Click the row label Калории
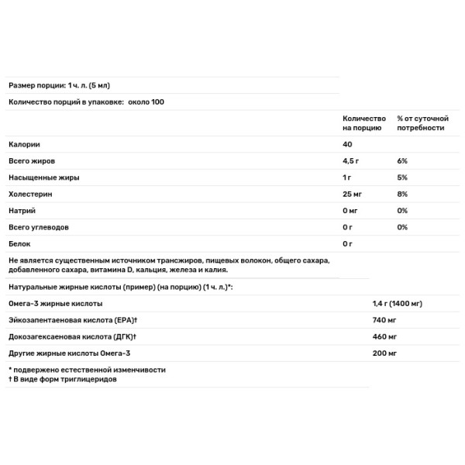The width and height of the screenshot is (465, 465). [x=24, y=145]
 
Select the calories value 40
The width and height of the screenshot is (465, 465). [x=347, y=145]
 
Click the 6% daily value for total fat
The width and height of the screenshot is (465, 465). [x=402, y=161]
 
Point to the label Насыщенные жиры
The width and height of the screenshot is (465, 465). [x=44, y=177]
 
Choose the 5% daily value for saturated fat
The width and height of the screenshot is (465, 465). [x=402, y=177]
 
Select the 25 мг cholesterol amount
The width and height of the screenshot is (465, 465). [x=353, y=195]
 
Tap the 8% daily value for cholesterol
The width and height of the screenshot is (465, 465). [x=402, y=195]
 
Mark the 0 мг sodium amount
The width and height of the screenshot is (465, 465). [x=351, y=211]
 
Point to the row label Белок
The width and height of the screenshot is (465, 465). [x=19, y=244]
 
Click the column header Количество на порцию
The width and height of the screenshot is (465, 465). [x=363, y=123]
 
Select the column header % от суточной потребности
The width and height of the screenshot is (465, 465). [x=422, y=123]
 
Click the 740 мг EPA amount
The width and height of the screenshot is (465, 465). [x=384, y=320]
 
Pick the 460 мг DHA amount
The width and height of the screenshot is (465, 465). [x=384, y=337]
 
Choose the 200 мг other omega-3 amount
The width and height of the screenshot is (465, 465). [x=384, y=353]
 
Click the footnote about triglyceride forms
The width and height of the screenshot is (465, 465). [x=63, y=380]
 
